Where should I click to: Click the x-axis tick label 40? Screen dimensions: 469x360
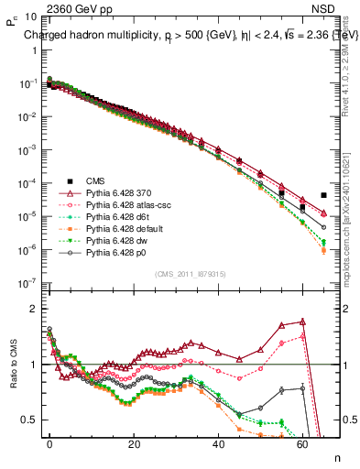219,443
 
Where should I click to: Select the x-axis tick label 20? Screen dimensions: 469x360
135,443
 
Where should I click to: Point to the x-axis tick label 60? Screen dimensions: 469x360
303,443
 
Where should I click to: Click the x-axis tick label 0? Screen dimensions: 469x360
50,443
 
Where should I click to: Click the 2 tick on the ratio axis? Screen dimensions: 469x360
33,309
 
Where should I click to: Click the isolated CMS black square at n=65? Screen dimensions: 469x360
324,195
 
